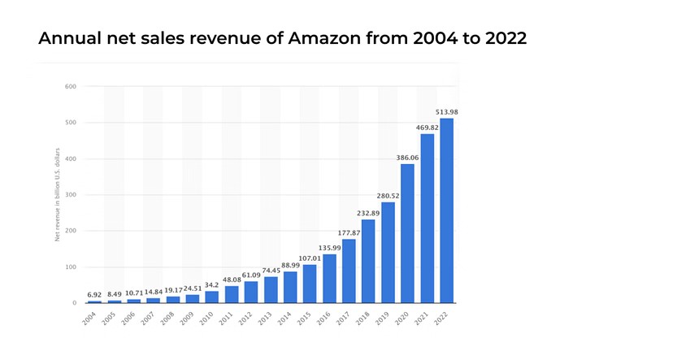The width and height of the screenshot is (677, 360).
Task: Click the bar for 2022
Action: click(x=446, y=210)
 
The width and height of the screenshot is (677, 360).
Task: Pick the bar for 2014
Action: click(x=290, y=287)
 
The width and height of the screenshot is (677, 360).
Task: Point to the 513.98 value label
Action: click(x=446, y=111)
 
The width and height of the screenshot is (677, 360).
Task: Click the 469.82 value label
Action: click(x=427, y=128)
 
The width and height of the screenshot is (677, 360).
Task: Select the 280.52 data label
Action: click(x=388, y=196)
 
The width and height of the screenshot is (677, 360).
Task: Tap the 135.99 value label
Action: click(x=329, y=248)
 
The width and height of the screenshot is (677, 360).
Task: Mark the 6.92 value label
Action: click(x=94, y=293)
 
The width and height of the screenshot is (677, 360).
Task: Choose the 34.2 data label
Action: click(x=212, y=284)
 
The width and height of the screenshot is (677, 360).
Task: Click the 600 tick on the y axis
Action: click(x=71, y=86)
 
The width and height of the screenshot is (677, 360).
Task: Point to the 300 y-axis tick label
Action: click(x=71, y=194)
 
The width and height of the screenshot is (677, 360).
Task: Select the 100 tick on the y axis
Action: click(x=71, y=267)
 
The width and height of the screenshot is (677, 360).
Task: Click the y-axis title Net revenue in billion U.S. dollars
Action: click(x=57, y=194)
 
